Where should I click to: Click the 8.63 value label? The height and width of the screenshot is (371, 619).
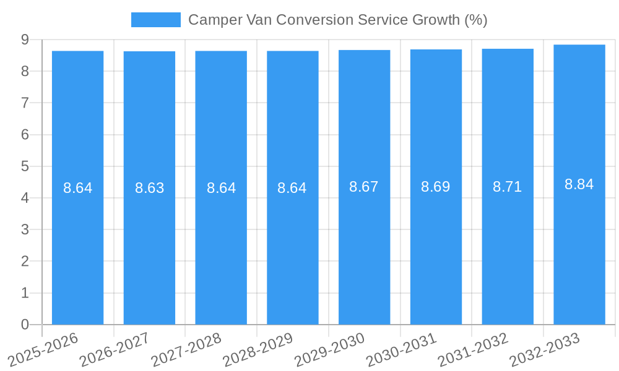[x=150, y=188]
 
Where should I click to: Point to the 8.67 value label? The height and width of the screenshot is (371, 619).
[x=364, y=187]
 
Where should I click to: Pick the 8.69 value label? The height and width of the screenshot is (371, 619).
[x=436, y=187]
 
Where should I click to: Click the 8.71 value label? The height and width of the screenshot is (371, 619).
[x=508, y=187]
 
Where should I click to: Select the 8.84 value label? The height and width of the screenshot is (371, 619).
[x=579, y=184]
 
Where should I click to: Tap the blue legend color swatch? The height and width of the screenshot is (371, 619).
[x=156, y=20]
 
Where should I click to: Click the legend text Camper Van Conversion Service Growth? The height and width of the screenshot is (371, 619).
[x=337, y=20]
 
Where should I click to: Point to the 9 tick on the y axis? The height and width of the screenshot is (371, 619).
[x=25, y=40]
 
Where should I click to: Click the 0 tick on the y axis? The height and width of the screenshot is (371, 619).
[x=25, y=325]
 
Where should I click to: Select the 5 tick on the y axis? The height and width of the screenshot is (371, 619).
[x=25, y=166]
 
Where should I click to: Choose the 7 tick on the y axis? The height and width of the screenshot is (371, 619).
[x=25, y=103]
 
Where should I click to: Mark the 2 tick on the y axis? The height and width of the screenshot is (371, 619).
[x=25, y=261]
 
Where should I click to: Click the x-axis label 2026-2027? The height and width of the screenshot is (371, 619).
[x=115, y=349]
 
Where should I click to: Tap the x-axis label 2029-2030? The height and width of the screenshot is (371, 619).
[x=329, y=349]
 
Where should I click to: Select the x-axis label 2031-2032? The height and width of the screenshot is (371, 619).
[x=473, y=349]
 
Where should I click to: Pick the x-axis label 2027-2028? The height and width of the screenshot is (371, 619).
[x=186, y=349]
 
